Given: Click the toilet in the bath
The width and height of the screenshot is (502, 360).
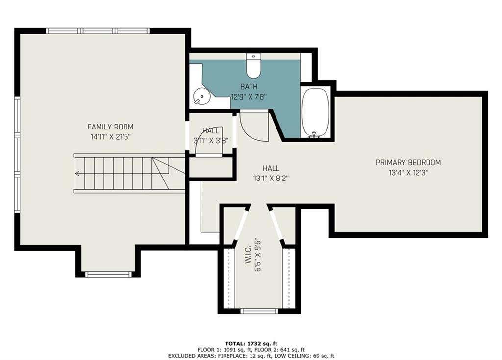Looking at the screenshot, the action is pos(253,66).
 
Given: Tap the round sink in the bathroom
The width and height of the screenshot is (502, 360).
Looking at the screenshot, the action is pos(201,96).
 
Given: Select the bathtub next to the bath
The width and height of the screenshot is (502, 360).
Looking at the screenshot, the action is pos(316,112).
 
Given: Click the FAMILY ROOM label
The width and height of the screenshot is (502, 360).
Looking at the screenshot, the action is pos(110,127).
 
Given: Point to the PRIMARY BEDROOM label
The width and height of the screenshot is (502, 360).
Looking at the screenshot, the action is pos(408,162).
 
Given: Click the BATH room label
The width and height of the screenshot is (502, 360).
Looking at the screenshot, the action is pos(249,86).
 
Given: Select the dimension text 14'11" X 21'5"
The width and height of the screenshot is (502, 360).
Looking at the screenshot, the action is pos(110,137).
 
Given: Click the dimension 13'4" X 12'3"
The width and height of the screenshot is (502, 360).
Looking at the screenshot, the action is pos(408,173).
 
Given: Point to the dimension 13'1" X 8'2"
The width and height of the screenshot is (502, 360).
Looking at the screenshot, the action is pos(271,178).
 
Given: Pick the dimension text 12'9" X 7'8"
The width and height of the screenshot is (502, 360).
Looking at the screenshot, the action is pos(249,97).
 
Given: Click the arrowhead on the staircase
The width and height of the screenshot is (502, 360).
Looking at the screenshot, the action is pos(77,174).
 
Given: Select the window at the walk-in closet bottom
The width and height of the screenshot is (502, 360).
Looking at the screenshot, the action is pos(259,310).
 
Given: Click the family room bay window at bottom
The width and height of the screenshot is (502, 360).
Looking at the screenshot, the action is pos(108,274).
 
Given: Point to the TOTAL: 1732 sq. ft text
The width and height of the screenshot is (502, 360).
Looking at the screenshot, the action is pos(251,344).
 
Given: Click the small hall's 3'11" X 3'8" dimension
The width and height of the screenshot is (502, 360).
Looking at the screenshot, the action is pos(211,141).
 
